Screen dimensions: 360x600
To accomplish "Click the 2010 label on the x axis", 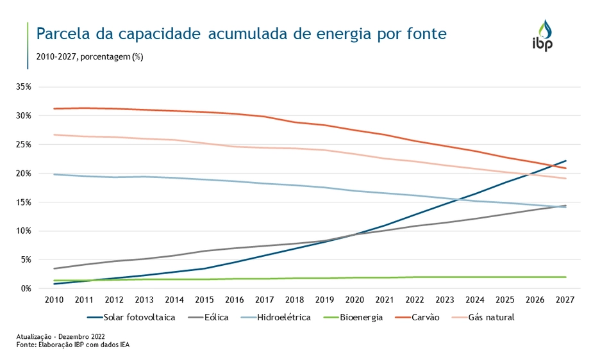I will tap(54, 299).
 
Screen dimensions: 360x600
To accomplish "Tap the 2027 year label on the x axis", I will tap(564, 299).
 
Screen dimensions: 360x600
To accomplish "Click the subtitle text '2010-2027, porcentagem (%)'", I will tap(90, 56).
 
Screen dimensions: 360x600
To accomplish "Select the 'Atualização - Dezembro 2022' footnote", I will tap(60, 336).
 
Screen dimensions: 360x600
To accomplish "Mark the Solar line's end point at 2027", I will tap(565, 161).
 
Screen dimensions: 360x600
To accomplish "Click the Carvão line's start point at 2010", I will tap(54, 108).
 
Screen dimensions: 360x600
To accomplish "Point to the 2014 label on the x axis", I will tap(174, 299).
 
